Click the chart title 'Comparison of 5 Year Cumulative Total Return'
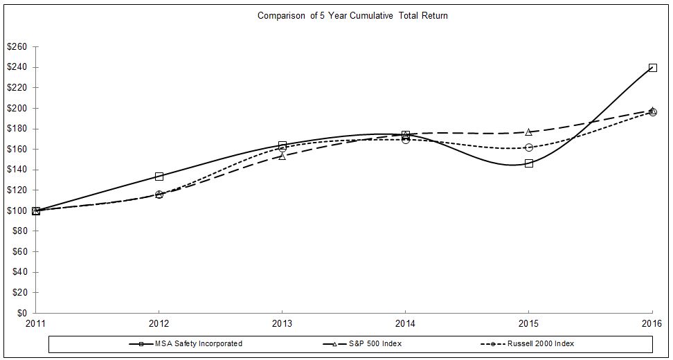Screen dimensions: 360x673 coord(352,16)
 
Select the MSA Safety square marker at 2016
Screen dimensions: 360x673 coord(652,68)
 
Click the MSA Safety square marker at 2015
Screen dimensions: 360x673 coord(529,163)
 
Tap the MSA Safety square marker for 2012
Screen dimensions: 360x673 coord(159,177)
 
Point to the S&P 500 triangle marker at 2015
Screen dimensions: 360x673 coord(529,132)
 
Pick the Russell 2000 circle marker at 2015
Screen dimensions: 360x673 coord(529,147)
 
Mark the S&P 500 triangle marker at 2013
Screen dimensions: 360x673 coord(282,156)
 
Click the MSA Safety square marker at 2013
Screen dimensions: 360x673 coord(282,145)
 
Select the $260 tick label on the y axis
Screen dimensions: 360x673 coord(17,47)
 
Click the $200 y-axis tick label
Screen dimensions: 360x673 coord(17,109)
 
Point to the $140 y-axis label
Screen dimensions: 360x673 coord(17,170)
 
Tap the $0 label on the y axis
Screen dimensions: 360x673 coord(21,313)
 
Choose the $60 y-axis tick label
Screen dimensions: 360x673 coord(19,252)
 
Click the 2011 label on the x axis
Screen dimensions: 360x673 coord(36,324)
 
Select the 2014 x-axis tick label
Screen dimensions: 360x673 coord(406,324)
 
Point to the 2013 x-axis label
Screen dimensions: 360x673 coord(282,324)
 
